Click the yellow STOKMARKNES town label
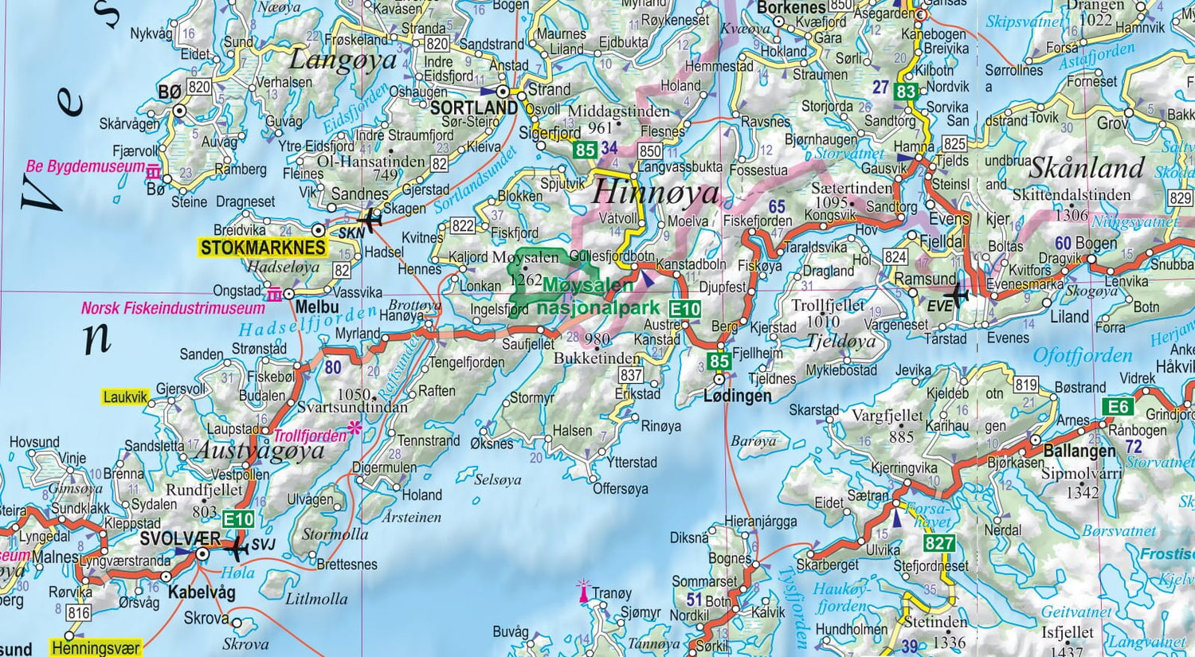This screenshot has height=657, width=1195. tap(263, 248)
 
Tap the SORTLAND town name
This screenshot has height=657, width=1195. tap(473, 108)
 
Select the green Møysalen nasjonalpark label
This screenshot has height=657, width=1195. tap(597, 296)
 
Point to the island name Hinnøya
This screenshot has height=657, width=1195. tap(655, 193)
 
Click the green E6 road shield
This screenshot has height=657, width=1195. tap(1118, 407)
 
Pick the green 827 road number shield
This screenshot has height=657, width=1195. tap(939, 543)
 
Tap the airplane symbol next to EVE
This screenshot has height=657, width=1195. tap(958, 295)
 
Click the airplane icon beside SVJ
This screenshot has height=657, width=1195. tap(237, 549)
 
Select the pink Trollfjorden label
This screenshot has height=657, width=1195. tap(310, 436)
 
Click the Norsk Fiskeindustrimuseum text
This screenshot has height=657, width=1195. tap(173, 308)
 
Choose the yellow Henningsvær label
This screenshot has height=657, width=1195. tap(96, 648)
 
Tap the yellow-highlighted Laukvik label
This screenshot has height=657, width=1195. tap(126, 397)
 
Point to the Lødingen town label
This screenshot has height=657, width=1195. tap(737, 396)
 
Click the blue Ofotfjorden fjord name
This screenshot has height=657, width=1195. tap(1082, 355)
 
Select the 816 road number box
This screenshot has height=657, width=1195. tap(78, 612)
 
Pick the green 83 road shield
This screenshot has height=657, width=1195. tap(906, 92)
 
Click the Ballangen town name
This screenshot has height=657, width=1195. tap(1079, 451)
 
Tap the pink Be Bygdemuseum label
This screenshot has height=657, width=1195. tap(85, 166)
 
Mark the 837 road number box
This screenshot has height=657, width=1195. tap(631, 375)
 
